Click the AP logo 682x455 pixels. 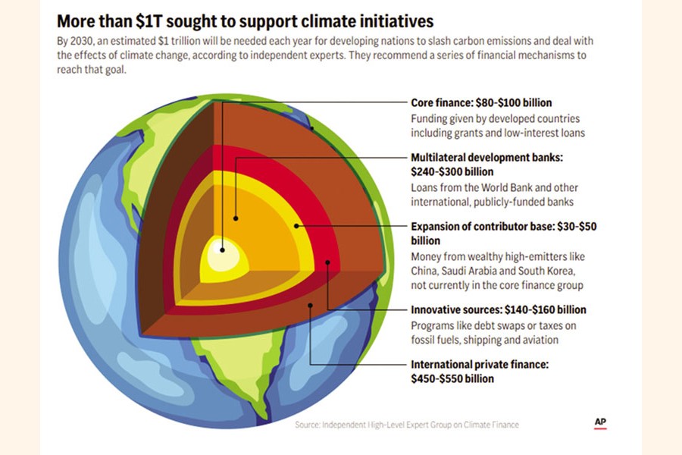point(600,422)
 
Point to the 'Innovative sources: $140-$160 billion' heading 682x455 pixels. point(499,309)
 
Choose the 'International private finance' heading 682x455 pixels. point(480,364)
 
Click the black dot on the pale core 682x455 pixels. point(223,249)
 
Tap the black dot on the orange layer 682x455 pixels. point(236,218)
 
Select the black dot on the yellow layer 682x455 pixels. point(296,226)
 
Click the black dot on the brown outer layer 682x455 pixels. point(310,305)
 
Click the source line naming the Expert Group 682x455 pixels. point(407,425)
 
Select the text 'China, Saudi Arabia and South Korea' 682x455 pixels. point(496,271)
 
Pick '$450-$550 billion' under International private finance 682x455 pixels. point(452,378)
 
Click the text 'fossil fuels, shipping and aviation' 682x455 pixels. point(485,340)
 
